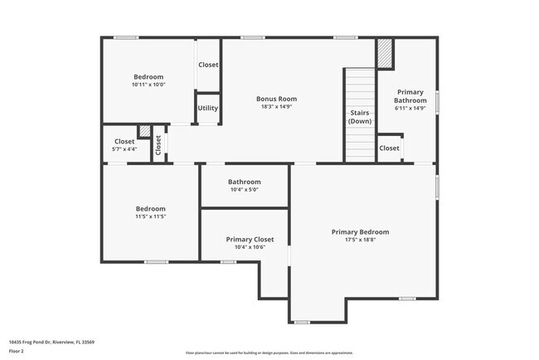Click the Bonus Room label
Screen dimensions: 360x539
276,99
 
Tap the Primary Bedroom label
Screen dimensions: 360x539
360,232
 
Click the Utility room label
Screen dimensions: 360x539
207,108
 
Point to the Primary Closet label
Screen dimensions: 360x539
250,240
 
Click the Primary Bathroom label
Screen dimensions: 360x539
410,95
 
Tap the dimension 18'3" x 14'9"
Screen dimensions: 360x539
276,107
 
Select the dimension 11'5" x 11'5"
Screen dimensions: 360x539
151,216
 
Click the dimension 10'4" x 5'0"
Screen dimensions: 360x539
245,190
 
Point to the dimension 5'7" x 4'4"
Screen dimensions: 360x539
124,149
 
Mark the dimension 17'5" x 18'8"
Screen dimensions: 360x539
360,241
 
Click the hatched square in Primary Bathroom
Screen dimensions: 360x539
385,55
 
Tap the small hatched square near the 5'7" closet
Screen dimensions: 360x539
144,131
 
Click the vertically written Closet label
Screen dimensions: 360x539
158,146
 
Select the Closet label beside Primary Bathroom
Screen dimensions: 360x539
389,148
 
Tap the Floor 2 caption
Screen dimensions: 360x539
17,351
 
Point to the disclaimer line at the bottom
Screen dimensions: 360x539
269,353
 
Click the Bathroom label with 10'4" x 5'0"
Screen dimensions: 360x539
245,182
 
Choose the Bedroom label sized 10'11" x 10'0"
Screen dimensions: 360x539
148,76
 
